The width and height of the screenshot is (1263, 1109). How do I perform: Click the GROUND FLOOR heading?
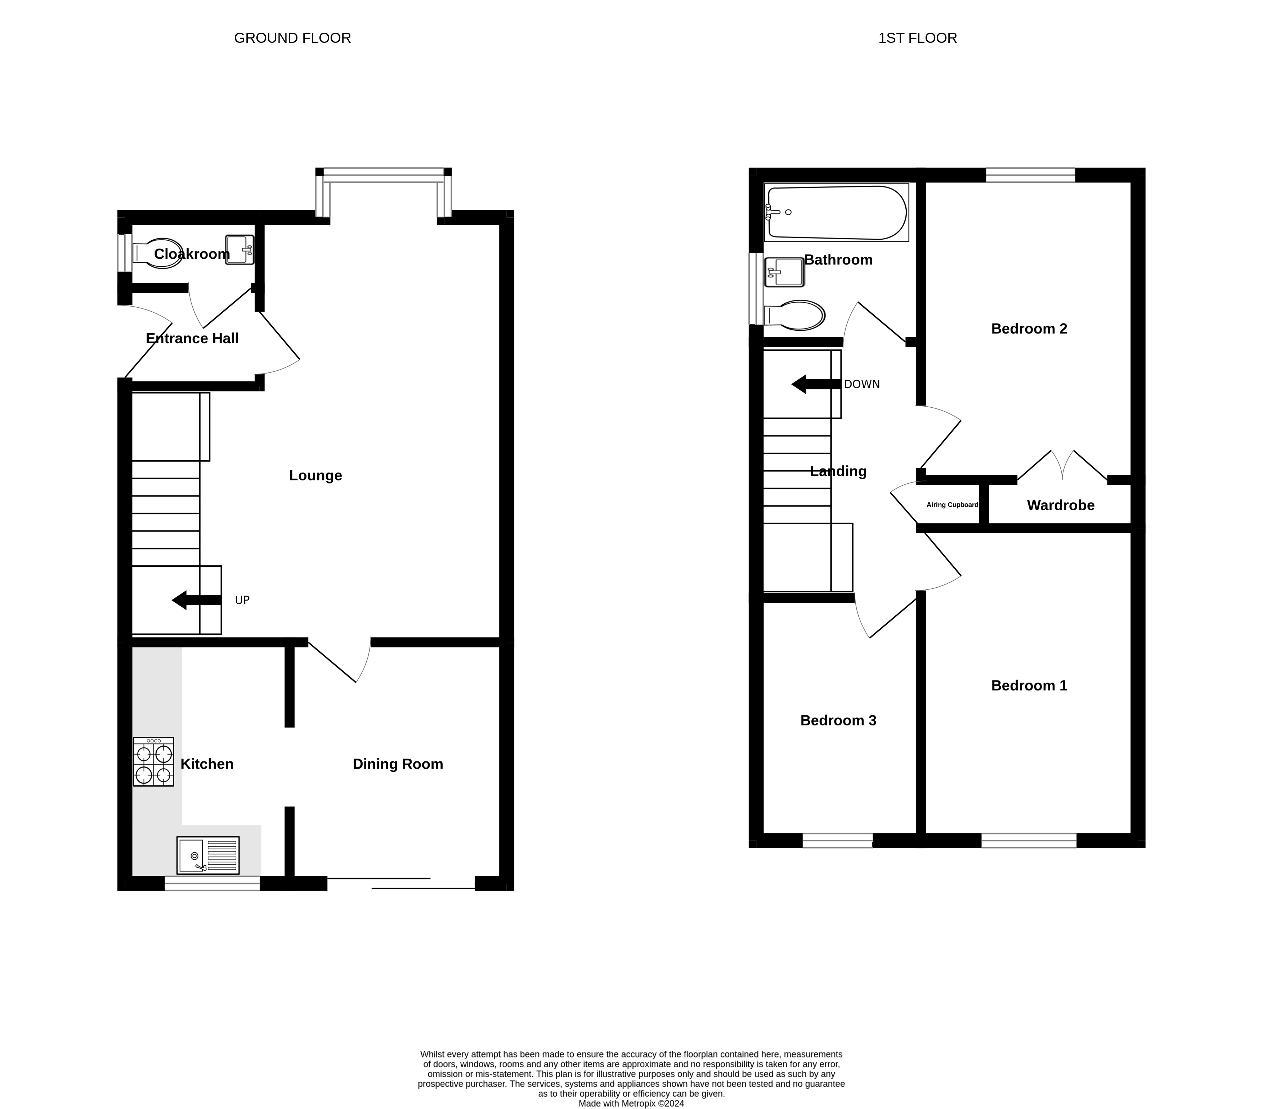[x=292, y=38]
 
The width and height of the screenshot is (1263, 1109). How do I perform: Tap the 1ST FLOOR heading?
[x=918, y=38]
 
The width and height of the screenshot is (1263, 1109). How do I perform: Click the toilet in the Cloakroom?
[x=158, y=254]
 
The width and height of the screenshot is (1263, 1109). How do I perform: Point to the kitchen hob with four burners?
[x=153, y=761]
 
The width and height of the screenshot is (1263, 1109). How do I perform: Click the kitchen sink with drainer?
[x=207, y=855]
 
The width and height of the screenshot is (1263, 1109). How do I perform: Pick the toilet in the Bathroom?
[x=794, y=316]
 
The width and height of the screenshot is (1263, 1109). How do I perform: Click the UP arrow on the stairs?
[x=197, y=600]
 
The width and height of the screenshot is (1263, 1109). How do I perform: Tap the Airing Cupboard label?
[x=952, y=504]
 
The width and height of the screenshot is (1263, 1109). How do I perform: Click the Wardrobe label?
[x=1060, y=505]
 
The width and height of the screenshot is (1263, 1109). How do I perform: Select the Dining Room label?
[x=398, y=764]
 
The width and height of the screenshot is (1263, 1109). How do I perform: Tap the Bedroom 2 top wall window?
[x=1030, y=175]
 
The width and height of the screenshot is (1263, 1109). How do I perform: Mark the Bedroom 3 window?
[x=837, y=841]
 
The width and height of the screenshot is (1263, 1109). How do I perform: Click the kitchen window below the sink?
[x=212, y=883]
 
